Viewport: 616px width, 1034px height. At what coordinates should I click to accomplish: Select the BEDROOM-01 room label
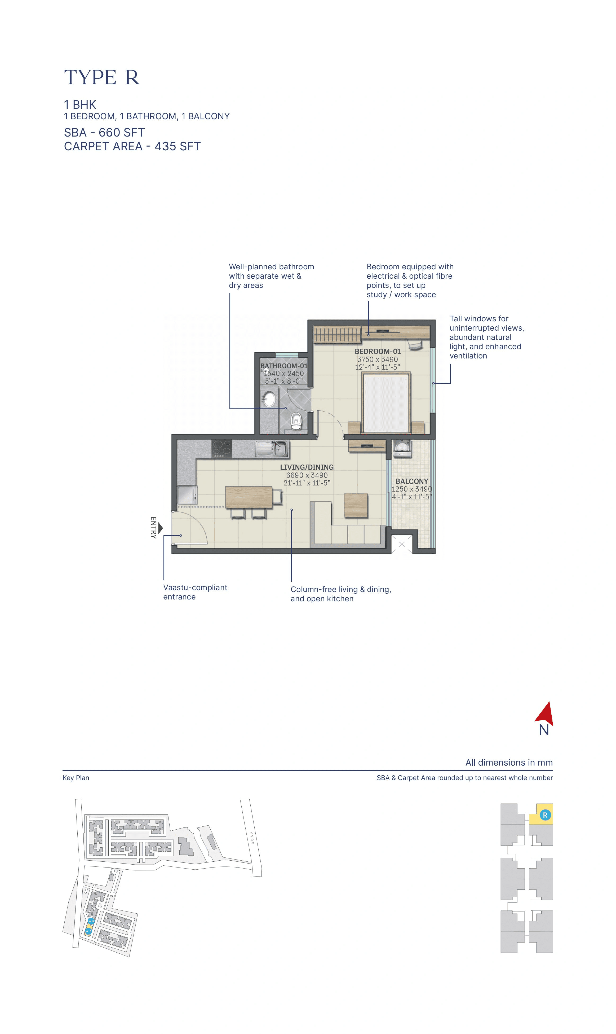[377, 351]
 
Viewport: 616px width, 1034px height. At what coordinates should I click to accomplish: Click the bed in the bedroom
[385, 403]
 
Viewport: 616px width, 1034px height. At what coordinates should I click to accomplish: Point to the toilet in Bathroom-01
[296, 420]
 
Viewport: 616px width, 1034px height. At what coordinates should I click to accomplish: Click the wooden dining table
[249, 497]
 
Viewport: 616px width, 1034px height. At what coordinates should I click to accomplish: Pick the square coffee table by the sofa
[356, 505]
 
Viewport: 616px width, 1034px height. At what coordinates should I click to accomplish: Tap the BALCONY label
[411, 481]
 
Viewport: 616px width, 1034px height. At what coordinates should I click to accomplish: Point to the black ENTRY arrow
[160, 528]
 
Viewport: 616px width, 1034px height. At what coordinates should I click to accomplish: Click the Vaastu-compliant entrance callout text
[195, 592]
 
